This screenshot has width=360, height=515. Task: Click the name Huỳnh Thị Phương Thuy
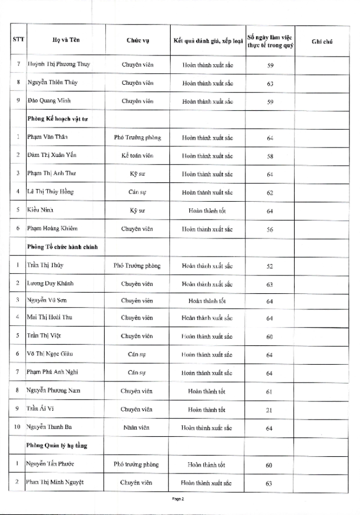(x=59, y=64)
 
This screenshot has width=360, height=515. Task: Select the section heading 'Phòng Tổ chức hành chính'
(x=62, y=247)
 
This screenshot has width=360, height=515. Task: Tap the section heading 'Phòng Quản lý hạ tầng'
(x=58, y=445)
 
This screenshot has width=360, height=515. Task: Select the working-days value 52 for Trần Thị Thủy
(x=270, y=266)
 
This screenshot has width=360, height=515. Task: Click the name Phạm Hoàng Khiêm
(x=53, y=228)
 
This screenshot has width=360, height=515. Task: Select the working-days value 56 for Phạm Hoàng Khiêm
(x=270, y=229)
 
